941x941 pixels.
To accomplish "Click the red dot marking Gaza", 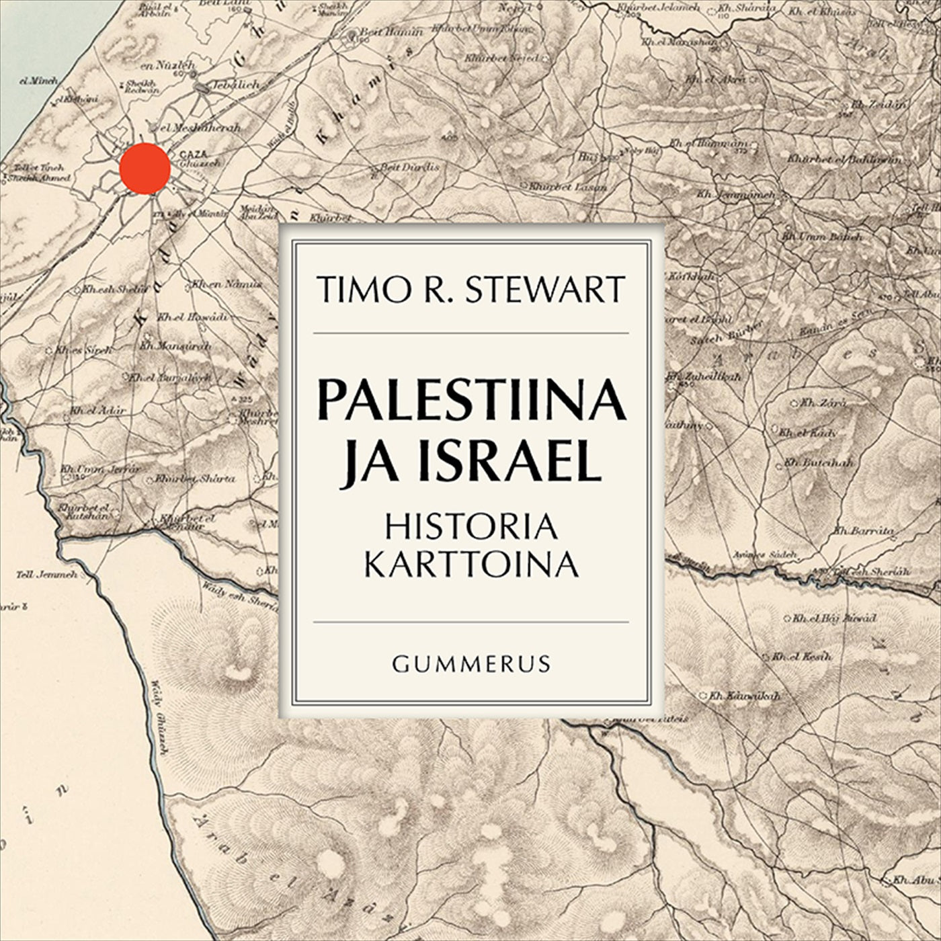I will coord(145,168).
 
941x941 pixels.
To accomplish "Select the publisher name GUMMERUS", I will coord(471,665).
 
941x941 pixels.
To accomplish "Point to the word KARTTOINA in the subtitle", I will coord(471,565).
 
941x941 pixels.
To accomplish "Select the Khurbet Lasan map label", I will coord(567,186).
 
